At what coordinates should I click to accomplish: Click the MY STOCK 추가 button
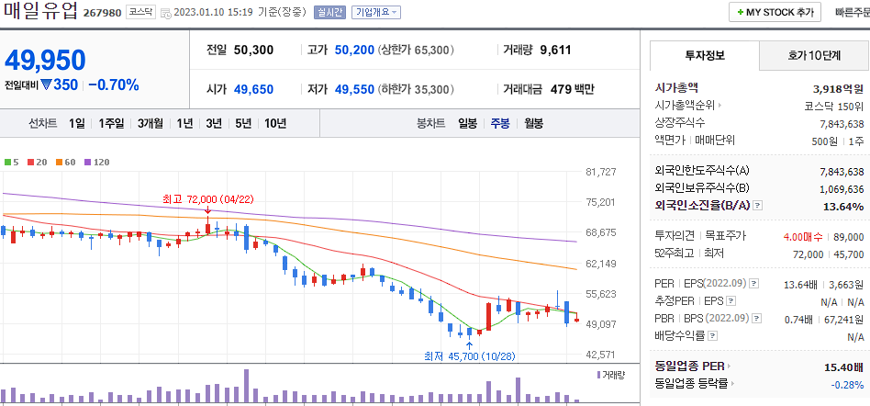point(775,13)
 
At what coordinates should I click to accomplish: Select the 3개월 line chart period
point(150,123)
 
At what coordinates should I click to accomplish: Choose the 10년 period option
point(275,123)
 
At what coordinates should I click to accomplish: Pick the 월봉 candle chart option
point(534,123)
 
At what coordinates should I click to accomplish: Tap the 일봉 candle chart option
point(467,123)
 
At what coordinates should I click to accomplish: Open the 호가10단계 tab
point(813,55)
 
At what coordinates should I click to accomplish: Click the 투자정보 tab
point(704,55)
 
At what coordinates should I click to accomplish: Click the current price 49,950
point(45,60)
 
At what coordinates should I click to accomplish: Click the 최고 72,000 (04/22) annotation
point(202,198)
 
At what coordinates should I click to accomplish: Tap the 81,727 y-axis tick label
point(600,172)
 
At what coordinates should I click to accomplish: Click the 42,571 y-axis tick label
point(600,355)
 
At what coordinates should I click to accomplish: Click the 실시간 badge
point(329,13)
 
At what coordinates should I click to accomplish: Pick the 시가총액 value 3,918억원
point(838,88)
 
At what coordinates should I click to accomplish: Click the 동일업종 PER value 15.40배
point(843,367)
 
